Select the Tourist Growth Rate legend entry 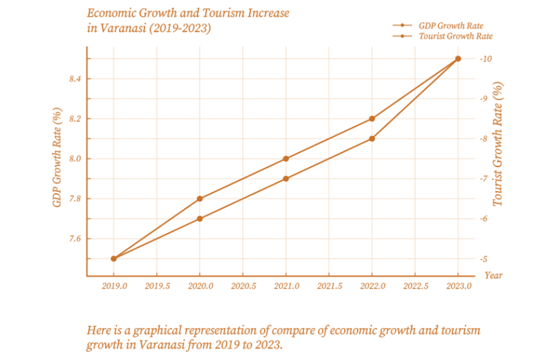pos(455,37)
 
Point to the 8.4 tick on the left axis pos(75,79)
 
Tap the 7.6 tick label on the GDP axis pos(75,239)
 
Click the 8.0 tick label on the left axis pos(75,159)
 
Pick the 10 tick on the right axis pos(485,59)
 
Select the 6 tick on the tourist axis pos(483,219)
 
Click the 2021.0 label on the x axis pos(287,286)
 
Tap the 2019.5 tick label pos(157,286)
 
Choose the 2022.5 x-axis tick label pos(416,286)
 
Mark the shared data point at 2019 pos(113,259)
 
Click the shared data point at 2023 pos(458,59)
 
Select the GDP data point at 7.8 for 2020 pos(200,199)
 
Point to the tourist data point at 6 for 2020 pos(200,219)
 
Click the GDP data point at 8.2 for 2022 pos(372,118)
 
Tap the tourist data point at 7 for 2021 pos(286,179)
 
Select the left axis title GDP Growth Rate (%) pos(58,158)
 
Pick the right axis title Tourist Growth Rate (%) pos(498,145)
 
